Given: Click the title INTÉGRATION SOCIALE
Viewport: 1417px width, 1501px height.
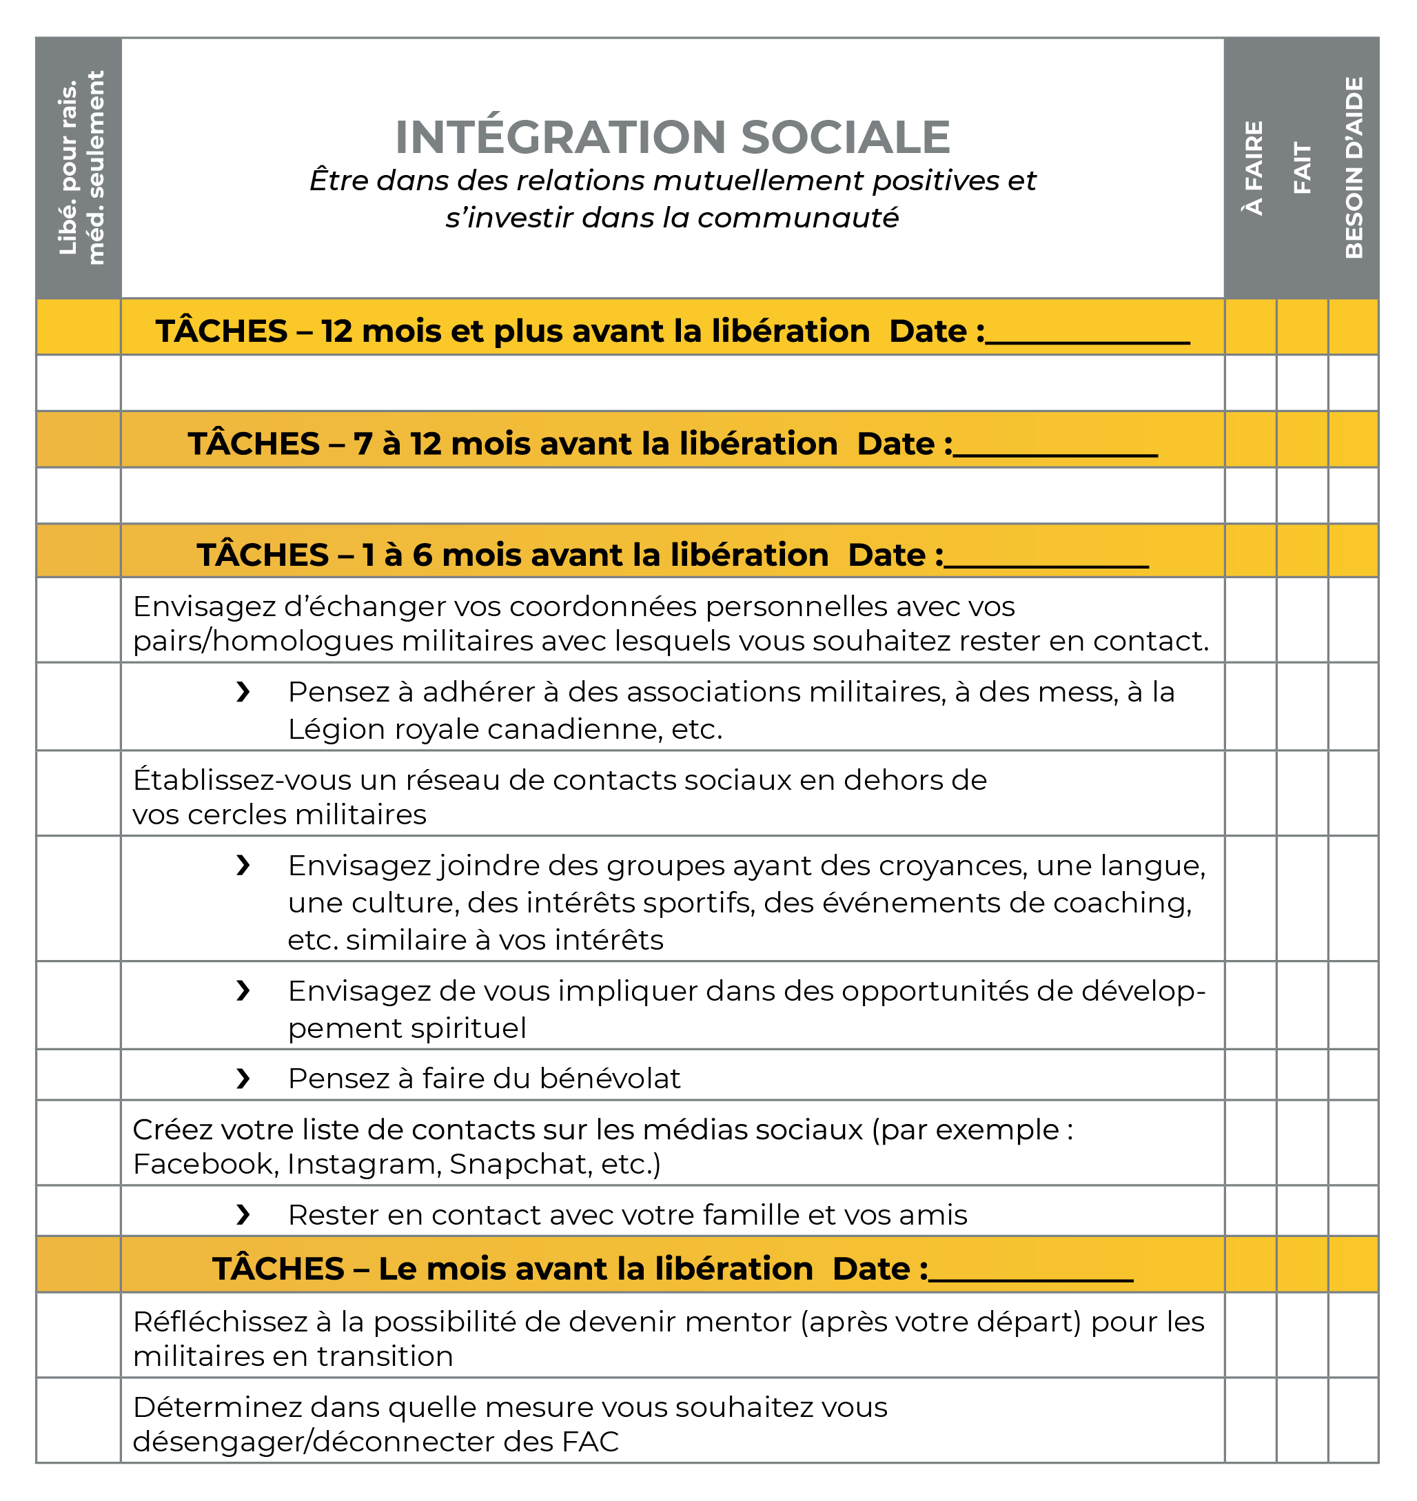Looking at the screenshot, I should coord(672,137).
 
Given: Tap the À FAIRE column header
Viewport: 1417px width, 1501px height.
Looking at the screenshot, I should coord(1253,167).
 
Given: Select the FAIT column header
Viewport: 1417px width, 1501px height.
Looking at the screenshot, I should coord(1302,167).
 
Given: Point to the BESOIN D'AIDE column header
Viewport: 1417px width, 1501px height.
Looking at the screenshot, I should coord(1354,167).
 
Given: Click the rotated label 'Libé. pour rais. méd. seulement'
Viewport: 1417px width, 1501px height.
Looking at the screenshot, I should coord(80,167).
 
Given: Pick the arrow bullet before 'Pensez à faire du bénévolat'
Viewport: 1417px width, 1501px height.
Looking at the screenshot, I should coord(243,1079).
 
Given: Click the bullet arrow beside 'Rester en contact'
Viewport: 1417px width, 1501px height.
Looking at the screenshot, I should coord(243,1215).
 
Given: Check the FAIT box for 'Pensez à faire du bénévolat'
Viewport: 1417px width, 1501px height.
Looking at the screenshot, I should coord(1302,1075).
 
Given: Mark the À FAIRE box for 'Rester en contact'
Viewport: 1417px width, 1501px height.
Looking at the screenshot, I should coord(1251,1211).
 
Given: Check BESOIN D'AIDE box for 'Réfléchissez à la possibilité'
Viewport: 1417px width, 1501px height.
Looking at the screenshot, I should coord(1354,1336).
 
